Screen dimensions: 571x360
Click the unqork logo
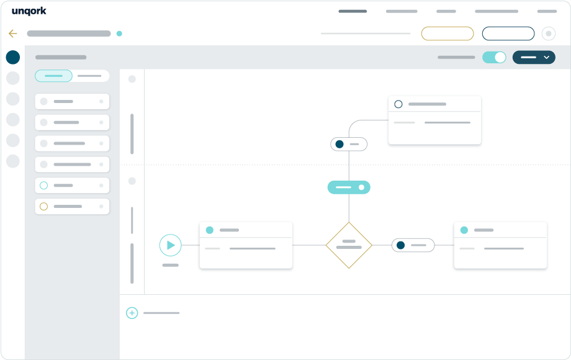(29, 11)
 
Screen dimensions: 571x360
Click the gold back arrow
(13, 34)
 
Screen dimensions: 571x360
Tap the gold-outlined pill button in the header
(447, 34)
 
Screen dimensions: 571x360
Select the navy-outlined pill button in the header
(508, 34)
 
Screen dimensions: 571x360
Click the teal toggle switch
(494, 57)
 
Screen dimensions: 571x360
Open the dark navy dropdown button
(534, 57)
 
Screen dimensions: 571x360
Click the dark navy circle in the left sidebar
(13, 57)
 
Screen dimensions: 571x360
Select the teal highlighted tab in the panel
(53, 76)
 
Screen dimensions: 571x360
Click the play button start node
(171, 245)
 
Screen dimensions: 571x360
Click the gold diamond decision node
(349, 245)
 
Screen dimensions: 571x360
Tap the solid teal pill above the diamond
(349, 187)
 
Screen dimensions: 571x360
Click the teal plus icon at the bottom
(132, 313)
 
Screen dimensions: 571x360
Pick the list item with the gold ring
(72, 207)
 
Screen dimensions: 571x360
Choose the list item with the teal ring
(72, 186)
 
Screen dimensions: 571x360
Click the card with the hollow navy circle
(435, 120)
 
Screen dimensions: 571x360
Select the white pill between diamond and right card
(413, 245)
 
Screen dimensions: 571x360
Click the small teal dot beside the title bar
(119, 34)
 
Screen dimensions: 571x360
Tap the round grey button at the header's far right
(549, 34)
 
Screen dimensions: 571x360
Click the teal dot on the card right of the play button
(209, 230)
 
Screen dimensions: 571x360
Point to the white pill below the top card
(349, 144)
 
